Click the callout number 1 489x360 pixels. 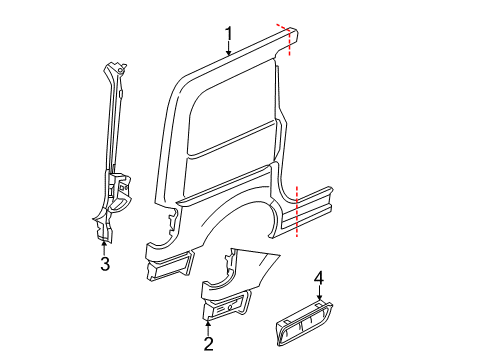[x=229, y=38]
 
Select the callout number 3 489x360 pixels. [x=104, y=264]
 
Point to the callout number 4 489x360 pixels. [x=319, y=277]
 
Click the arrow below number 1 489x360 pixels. [x=229, y=52]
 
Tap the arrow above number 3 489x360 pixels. [x=104, y=247]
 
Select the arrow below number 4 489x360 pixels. [x=319, y=293]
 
